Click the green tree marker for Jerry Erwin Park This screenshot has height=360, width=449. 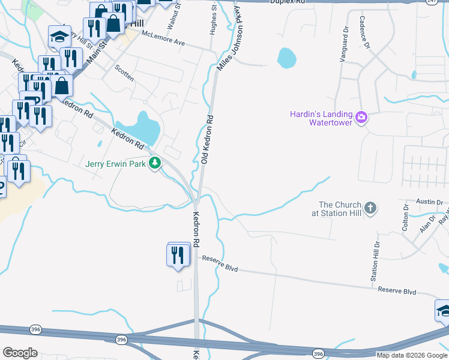point(155,163)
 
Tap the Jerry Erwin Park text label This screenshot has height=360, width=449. point(115,164)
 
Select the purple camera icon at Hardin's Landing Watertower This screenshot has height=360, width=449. point(361,117)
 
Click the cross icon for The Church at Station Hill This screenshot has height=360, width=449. point(370,208)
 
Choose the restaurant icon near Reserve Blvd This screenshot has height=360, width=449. point(178,255)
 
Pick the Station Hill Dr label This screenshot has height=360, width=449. point(376,262)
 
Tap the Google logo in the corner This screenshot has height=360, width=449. point(20,352)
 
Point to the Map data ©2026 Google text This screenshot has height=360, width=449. point(412,355)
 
